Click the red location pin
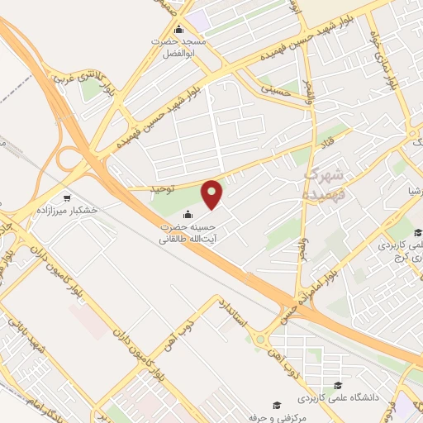click(x=213, y=194)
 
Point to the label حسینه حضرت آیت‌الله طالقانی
click(x=188, y=233)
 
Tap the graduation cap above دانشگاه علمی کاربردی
click(x=337, y=385)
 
